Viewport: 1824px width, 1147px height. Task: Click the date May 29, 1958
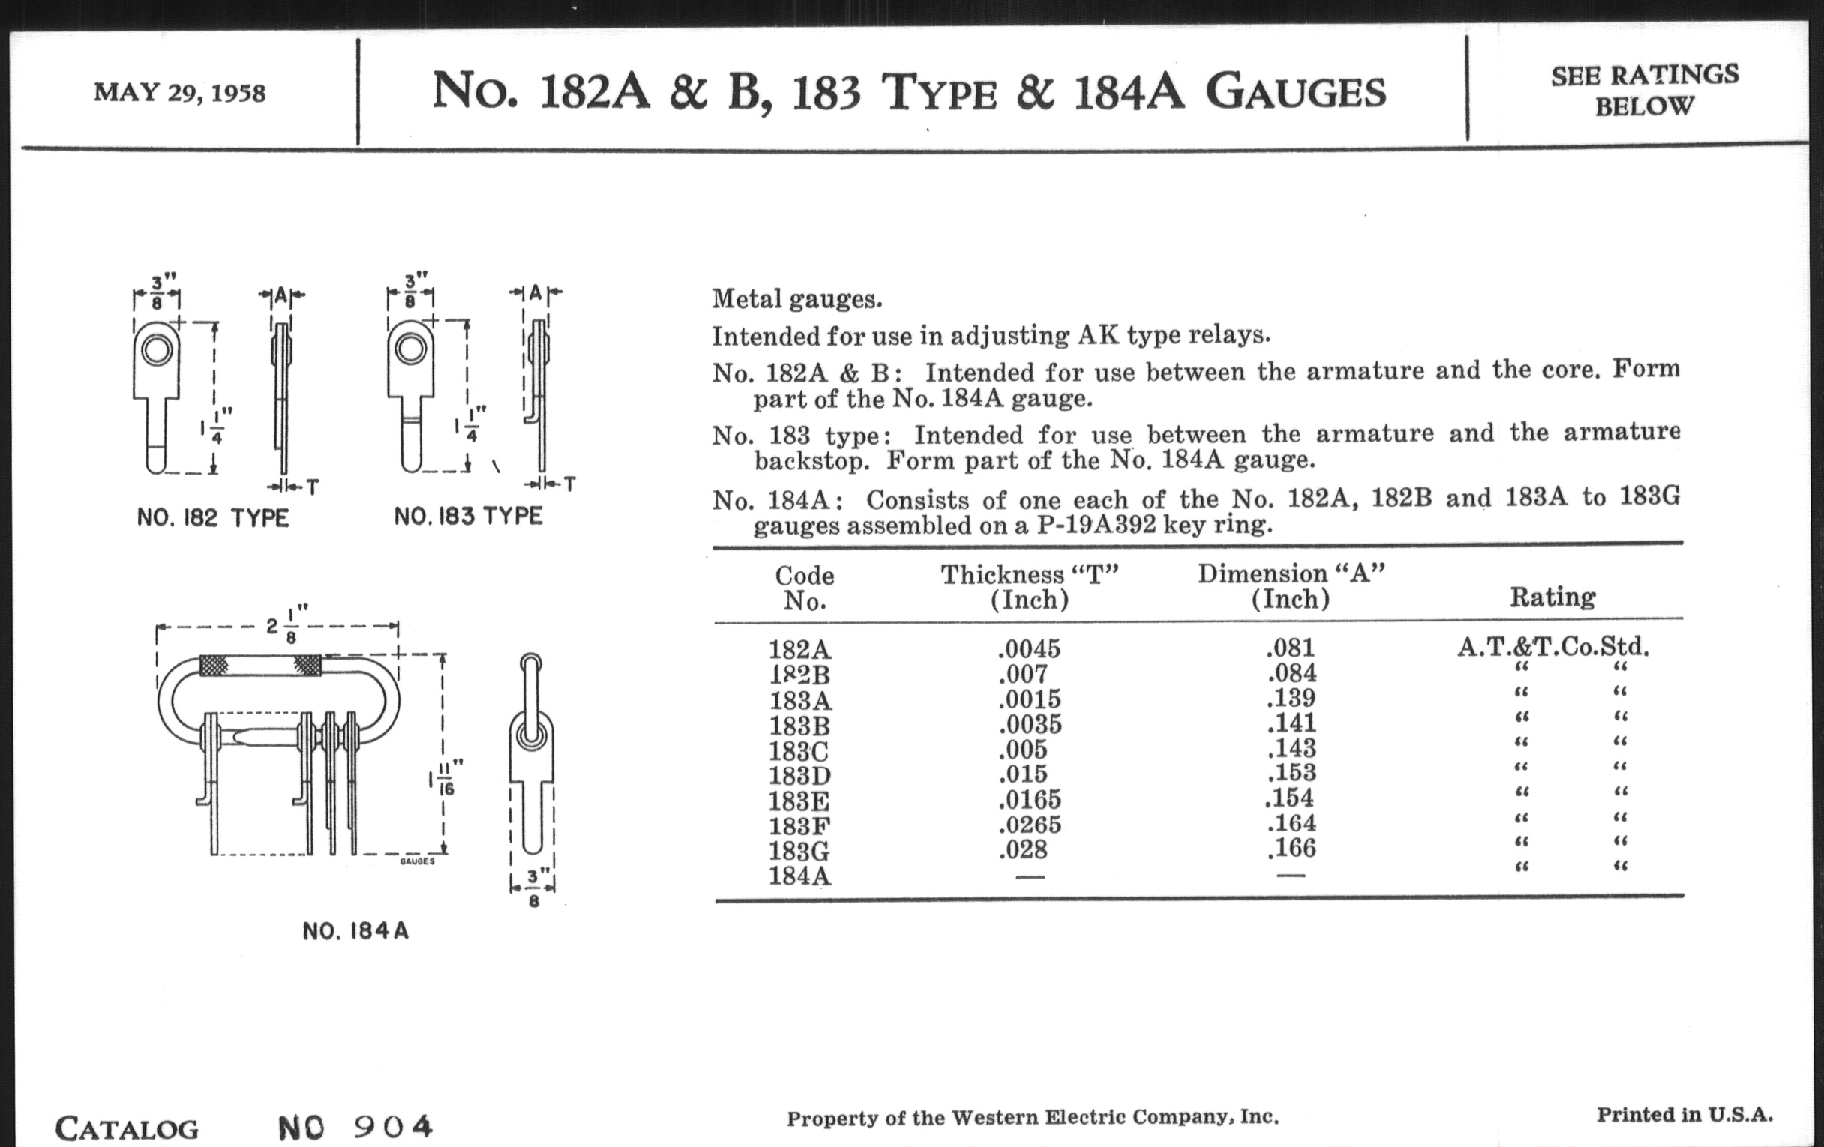179,92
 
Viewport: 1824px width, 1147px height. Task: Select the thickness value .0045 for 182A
1030,648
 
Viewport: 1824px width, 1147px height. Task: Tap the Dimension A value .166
1291,848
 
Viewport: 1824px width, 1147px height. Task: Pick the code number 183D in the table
800,776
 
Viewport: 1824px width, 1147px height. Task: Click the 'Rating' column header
1552,597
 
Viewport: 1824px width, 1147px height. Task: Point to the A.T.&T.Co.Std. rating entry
1552,646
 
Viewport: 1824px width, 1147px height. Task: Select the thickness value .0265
1030,825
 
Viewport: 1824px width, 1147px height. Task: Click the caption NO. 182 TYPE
213,519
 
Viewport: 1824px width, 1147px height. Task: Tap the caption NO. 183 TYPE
468,517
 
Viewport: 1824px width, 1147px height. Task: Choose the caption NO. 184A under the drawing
355,931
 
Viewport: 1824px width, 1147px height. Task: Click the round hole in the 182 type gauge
157,351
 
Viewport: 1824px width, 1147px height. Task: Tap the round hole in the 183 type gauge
410,349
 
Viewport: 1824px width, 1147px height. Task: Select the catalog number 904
393,1127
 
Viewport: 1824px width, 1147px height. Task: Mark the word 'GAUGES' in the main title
1295,92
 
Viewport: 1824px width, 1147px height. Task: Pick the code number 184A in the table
800,876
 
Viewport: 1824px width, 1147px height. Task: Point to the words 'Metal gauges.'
796,300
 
